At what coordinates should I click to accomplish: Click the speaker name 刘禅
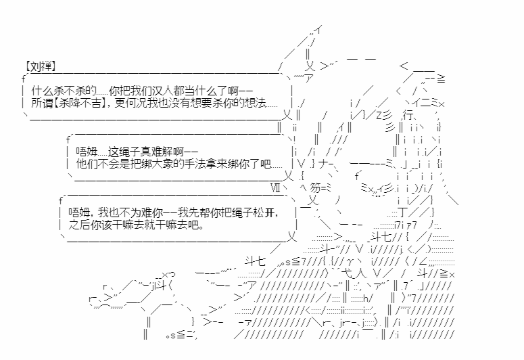coord(41,66)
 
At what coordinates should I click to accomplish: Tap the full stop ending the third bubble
coord(201,227)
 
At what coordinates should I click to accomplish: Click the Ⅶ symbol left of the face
coord(275,188)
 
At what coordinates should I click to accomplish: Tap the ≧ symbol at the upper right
coord(441,79)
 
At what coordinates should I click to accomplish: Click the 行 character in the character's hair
coord(408,115)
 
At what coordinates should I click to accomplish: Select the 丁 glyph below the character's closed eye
coord(404,212)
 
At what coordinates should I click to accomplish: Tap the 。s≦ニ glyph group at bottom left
coord(180,335)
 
